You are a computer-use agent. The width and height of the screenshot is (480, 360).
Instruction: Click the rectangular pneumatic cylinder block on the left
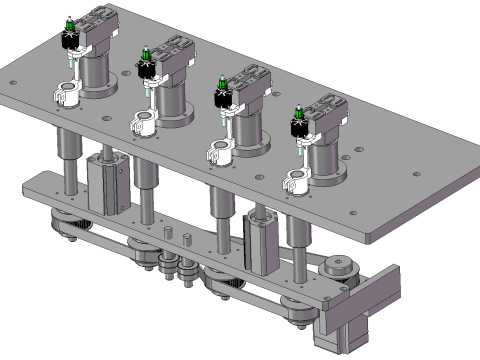(107, 185)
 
